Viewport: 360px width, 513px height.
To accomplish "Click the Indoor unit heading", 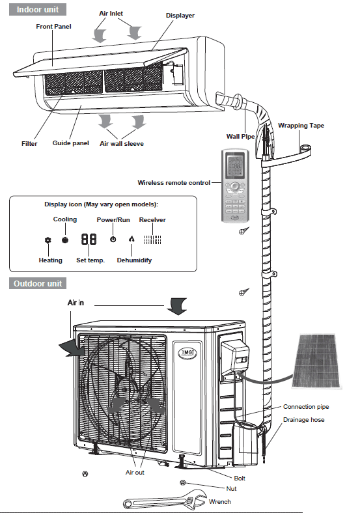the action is (x=38, y=10).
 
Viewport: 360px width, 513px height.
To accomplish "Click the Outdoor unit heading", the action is (x=38, y=283).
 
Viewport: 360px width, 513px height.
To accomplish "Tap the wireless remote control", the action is (x=235, y=186).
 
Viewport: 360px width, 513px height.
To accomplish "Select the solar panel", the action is (x=316, y=361).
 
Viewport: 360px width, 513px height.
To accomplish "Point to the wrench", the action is (x=165, y=499).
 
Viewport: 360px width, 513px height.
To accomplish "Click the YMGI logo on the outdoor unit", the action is (x=187, y=353).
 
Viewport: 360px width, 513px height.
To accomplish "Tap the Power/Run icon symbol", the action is (x=113, y=240).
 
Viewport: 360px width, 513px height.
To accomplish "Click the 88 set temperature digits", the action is (x=89, y=239).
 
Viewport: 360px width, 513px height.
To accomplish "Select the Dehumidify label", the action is (x=134, y=260).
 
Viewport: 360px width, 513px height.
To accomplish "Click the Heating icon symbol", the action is (x=48, y=240).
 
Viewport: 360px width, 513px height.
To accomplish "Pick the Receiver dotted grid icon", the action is (x=152, y=240).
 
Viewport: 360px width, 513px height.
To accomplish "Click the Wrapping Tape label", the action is (x=301, y=125).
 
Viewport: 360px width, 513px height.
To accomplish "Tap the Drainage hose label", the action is (x=304, y=420).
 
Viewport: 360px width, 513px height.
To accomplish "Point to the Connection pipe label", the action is (x=306, y=407).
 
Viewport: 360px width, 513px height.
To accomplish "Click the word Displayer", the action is (x=180, y=16).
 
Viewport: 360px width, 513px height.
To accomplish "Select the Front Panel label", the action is (x=53, y=27).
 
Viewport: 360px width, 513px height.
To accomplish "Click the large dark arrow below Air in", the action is (x=177, y=306).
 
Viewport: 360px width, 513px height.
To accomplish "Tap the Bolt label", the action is (x=240, y=478).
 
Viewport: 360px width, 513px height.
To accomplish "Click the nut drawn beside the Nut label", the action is (x=183, y=482).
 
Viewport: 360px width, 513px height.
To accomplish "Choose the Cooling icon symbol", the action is (x=65, y=240).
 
